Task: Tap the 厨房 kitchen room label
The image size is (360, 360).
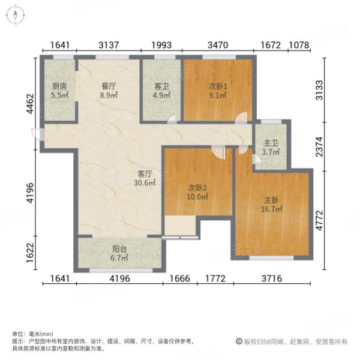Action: tap(59, 85)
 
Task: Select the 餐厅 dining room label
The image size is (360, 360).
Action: tap(108, 85)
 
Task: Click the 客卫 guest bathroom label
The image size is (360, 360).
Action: tap(161, 85)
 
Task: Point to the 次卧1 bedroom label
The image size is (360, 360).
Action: tap(217, 85)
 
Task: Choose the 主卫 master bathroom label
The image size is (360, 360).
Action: tap(269, 143)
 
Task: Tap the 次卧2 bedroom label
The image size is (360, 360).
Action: tap(197, 187)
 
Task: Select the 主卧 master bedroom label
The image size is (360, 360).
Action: tap(272, 200)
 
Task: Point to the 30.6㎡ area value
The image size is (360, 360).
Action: tap(146, 183)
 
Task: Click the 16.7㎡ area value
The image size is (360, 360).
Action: tap(272, 209)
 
